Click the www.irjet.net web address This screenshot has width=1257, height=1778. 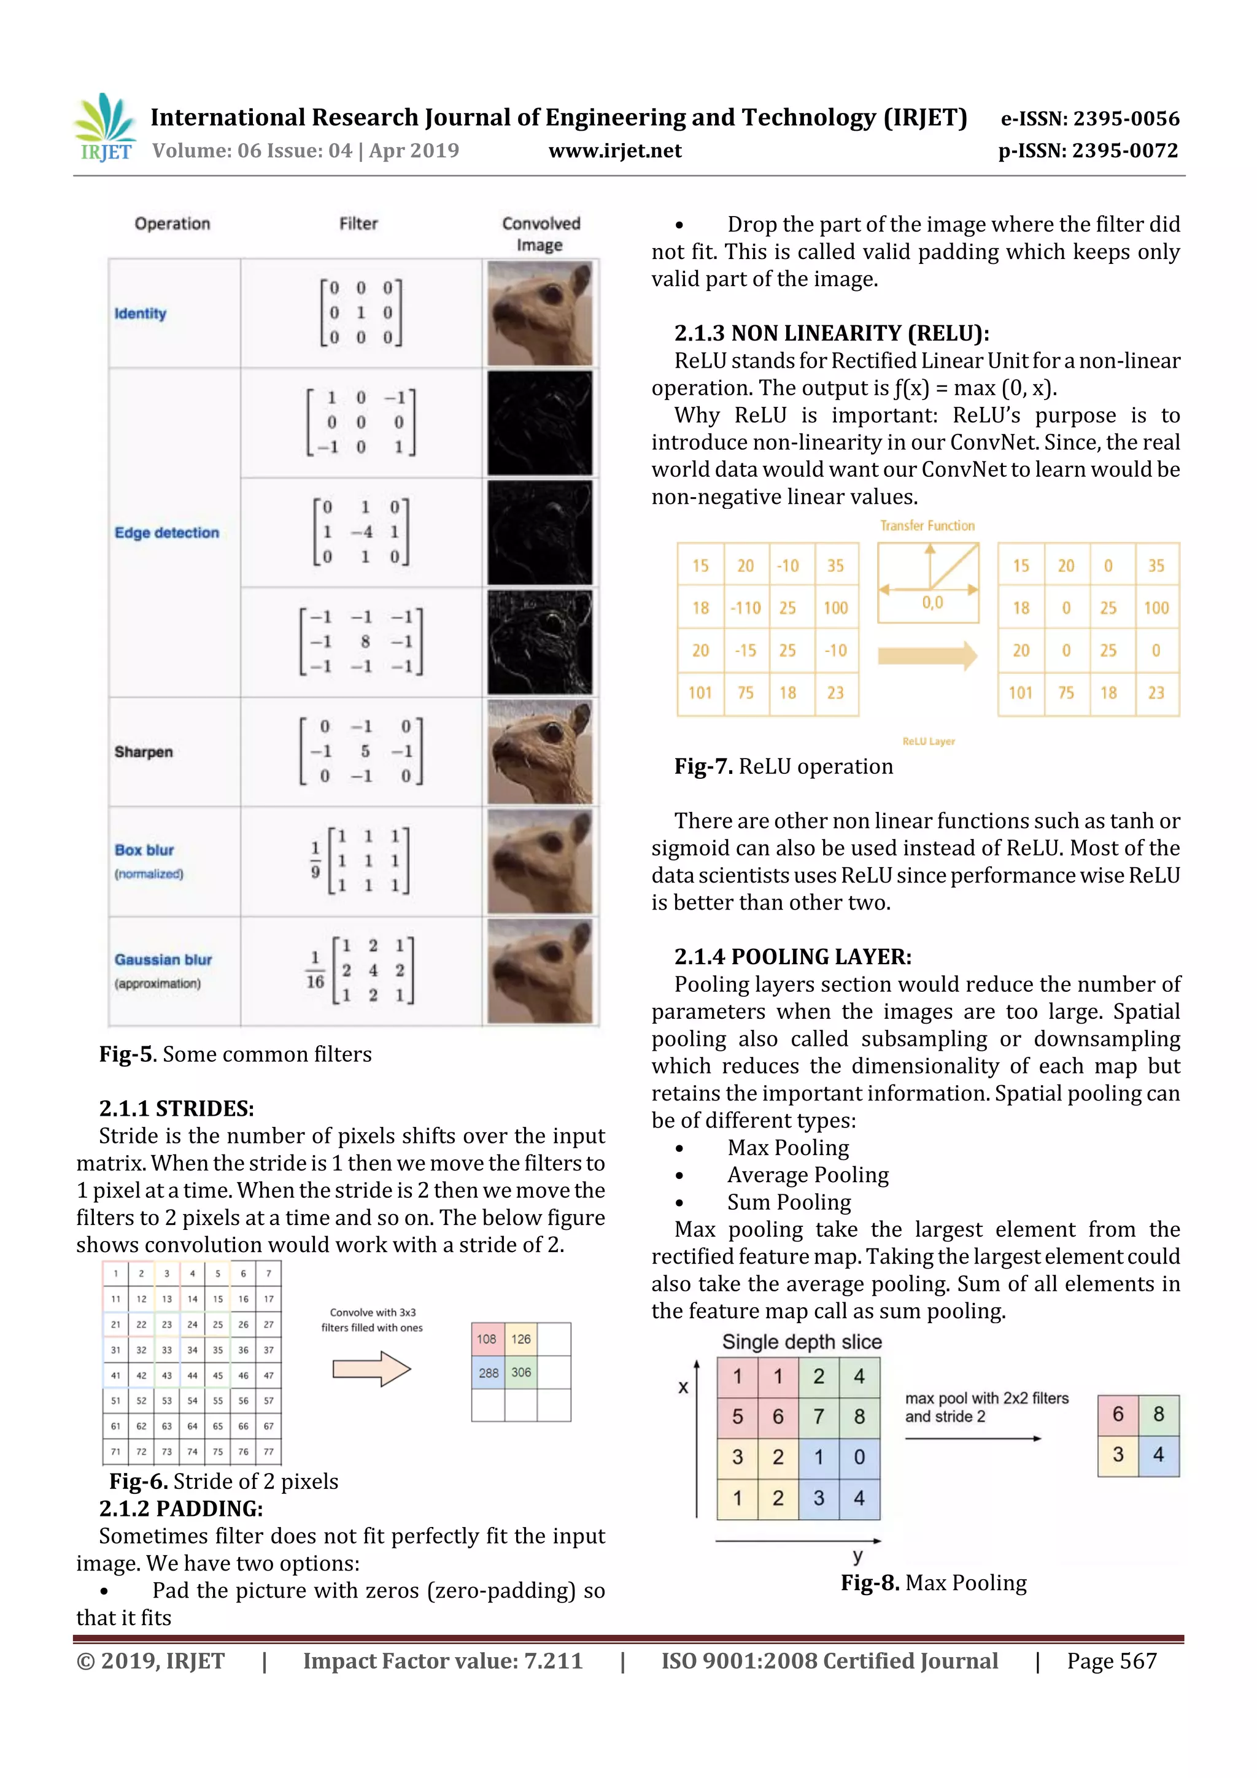(615, 151)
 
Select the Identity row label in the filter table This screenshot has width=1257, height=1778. (140, 314)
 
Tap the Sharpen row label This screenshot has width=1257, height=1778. (143, 752)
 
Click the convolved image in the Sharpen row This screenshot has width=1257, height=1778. (540, 752)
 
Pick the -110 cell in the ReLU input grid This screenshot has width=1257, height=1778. (746, 608)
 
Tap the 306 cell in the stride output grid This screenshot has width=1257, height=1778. (521, 1373)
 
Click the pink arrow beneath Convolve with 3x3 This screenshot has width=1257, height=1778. (371, 1369)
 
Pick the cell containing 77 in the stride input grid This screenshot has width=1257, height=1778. (269, 1452)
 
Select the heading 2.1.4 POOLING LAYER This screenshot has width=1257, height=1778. (792, 957)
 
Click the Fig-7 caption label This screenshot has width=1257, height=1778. (703, 767)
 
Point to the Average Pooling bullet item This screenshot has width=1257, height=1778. (807, 1175)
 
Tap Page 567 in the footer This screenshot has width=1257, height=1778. (1112, 1661)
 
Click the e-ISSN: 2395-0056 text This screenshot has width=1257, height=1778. (1089, 119)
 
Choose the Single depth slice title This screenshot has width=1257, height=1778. (802, 1342)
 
